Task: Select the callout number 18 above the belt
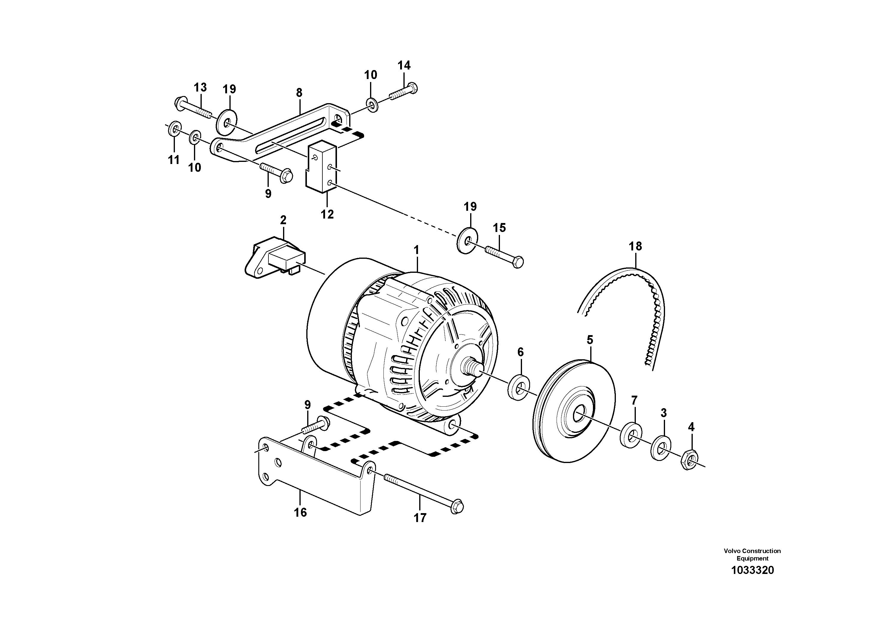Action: click(x=635, y=246)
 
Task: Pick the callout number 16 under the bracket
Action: click(x=300, y=513)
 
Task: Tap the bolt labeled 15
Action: click(x=504, y=256)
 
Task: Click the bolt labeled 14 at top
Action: click(x=403, y=91)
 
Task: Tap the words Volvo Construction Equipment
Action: click(x=752, y=554)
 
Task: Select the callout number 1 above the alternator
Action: click(x=417, y=250)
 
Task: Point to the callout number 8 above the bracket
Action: click(x=299, y=93)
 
